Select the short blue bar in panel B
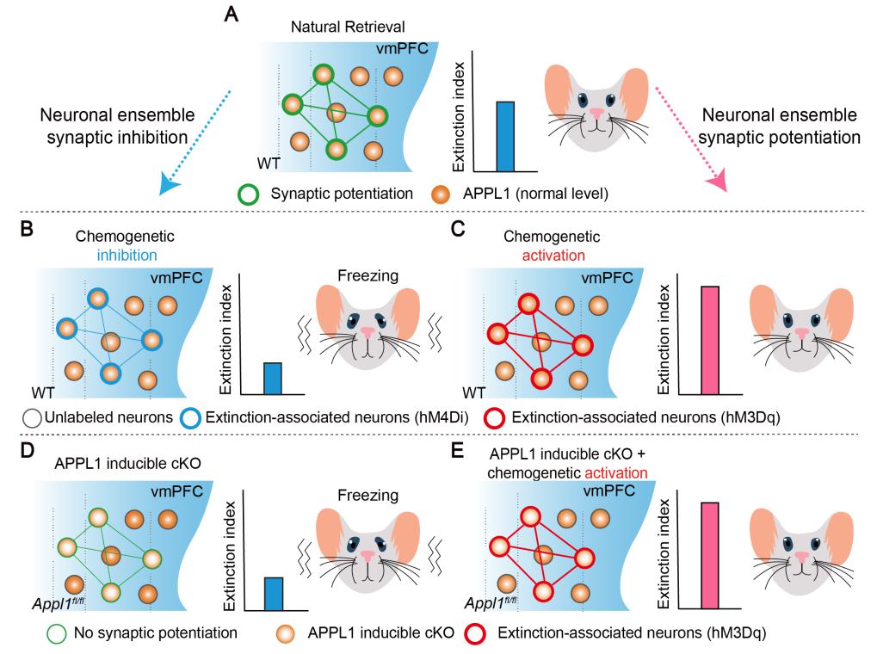(x=273, y=379)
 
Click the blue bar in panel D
(x=273, y=594)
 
